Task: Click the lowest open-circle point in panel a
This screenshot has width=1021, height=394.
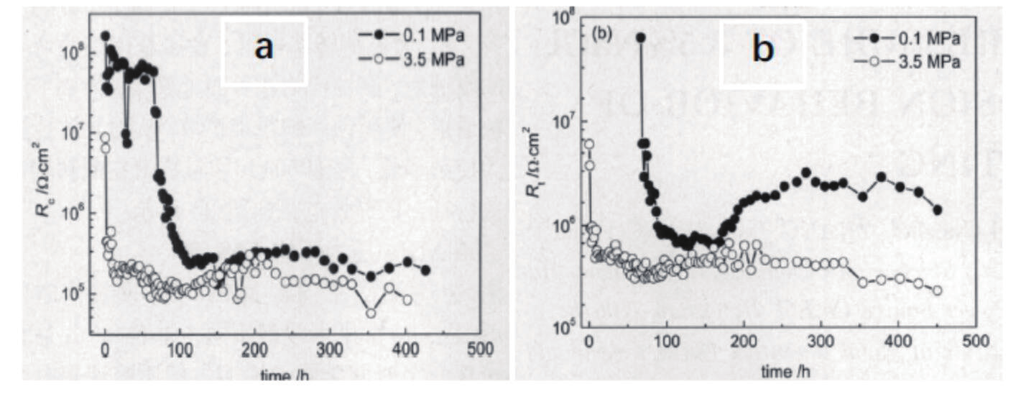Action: [x=371, y=313]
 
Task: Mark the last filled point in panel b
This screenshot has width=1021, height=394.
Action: [x=937, y=209]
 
